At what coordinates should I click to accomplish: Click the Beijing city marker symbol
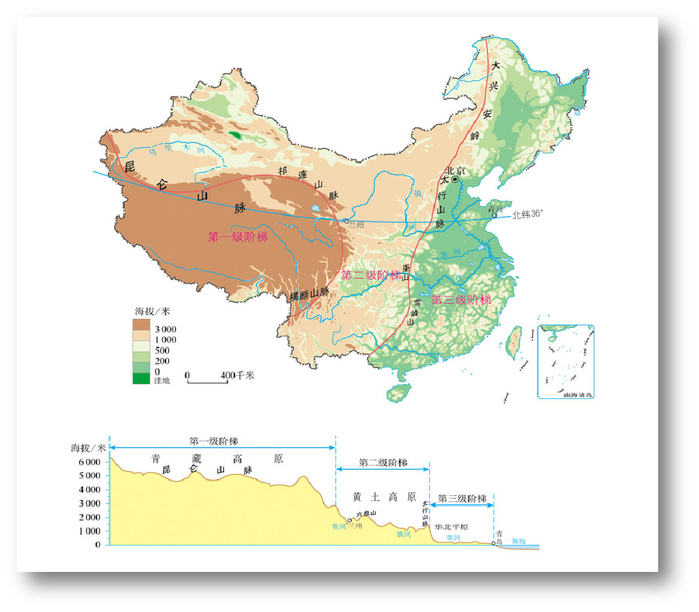pos(455,180)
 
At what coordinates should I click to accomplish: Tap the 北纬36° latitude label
pos(527,215)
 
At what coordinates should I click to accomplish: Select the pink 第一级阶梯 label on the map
pos(238,237)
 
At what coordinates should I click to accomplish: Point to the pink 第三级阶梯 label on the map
pos(461,300)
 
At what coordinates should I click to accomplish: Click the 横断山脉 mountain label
pos(310,295)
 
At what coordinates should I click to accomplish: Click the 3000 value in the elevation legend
pos(165,329)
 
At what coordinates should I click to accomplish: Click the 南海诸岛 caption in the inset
pos(578,395)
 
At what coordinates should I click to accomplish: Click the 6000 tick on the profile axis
pos(89,462)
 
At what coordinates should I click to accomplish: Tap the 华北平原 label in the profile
pos(451,527)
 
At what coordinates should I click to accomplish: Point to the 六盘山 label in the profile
pos(366,514)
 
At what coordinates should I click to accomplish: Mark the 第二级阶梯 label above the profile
pos(382,463)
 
